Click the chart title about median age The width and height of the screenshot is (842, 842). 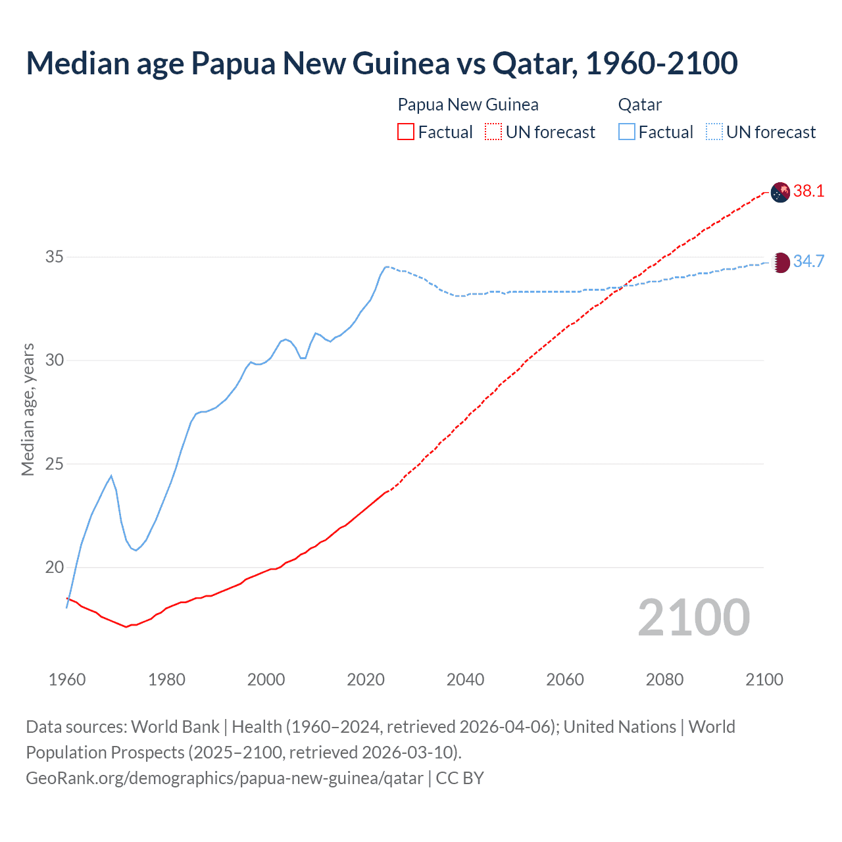pyautogui.click(x=382, y=63)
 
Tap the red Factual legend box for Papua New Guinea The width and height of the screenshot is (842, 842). pyautogui.click(x=406, y=132)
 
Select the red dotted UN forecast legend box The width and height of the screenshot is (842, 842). pyautogui.click(x=493, y=132)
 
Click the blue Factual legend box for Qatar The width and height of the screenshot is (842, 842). pyautogui.click(x=627, y=132)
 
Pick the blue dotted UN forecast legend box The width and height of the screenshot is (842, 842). pyautogui.click(x=714, y=132)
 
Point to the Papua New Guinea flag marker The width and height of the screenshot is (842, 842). pyautogui.click(x=780, y=192)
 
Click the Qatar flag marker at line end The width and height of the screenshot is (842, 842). pyautogui.click(x=780, y=262)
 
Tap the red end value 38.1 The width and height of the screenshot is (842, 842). pyautogui.click(x=808, y=191)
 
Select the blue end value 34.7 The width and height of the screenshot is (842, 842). pyautogui.click(x=808, y=262)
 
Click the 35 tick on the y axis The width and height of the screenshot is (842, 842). pyautogui.click(x=54, y=257)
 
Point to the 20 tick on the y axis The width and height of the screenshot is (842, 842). pyautogui.click(x=54, y=567)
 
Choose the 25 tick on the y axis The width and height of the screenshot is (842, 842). pyautogui.click(x=54, y=464)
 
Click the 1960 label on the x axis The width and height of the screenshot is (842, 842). pyautogui.click(x=67, y=680)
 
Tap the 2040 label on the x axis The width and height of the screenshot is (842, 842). pyautogui.click(x=465, y=680)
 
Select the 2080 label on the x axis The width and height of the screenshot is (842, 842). pyautogui.click(x=664, y=680)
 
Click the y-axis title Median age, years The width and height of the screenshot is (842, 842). pyautogui.click(x=28, y=409)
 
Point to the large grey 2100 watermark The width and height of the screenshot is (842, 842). pyautogui.click(x=693, y=618)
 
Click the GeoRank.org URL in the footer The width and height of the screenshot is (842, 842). pyautogui.click(x=224, y=778)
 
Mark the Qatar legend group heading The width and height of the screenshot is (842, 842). pyautogui.click(x=639, y=105)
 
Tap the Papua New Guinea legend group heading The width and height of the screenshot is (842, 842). pyautogui.click(x=468, y=105)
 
